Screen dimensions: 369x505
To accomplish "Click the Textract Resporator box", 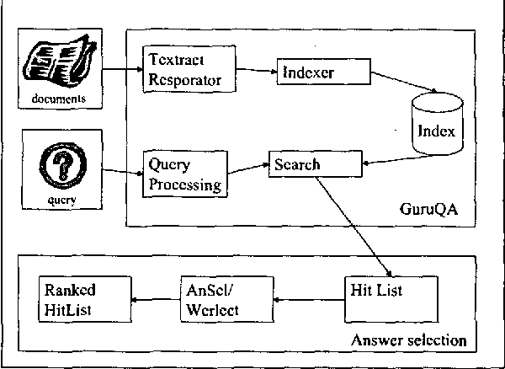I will pos(183,70).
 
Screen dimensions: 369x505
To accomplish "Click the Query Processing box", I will pos(184,172).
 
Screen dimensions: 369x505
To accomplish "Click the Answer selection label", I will pos(408,341).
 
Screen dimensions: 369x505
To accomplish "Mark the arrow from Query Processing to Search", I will pos(246,169).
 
